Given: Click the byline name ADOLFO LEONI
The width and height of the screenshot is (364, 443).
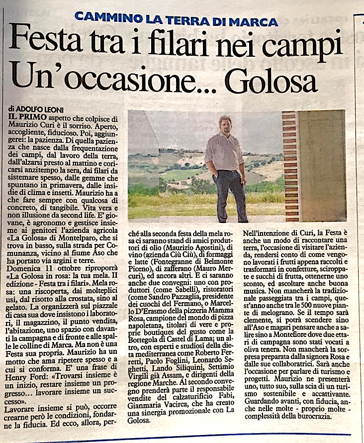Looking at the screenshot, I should coord(39,108).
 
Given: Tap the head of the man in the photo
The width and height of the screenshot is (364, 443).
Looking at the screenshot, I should coord(224,125).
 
